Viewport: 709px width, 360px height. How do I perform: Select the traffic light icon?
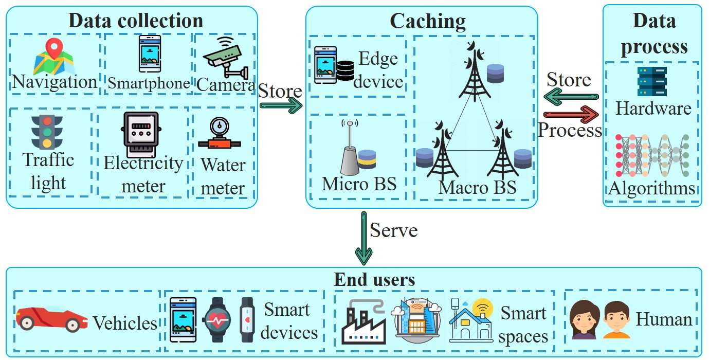47,132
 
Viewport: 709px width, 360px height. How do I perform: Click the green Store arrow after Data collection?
281,106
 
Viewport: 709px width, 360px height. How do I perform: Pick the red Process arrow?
571,113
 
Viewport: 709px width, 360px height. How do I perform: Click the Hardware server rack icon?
652,81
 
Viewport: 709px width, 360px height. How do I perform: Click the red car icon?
51,318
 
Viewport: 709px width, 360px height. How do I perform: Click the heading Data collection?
136,21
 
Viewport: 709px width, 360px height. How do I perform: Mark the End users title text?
374,280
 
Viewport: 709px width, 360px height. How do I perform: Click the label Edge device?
378,70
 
